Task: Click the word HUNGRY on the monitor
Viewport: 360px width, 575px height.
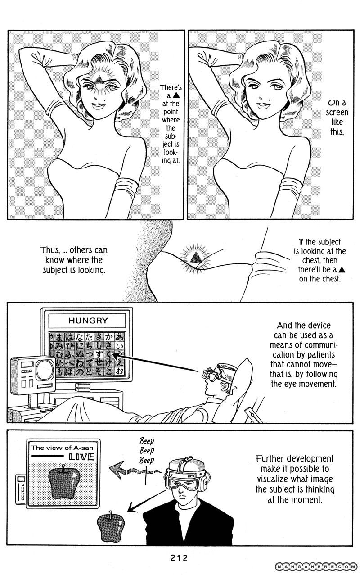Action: (x=88, y=320)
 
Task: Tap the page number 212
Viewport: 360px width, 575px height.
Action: (x=179, y=558)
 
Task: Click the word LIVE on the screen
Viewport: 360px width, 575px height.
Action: (x=81, y=457)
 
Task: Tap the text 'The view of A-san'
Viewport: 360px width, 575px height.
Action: (x=62, y=448)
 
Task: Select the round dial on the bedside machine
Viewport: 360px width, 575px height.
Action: (x=45, y=371)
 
